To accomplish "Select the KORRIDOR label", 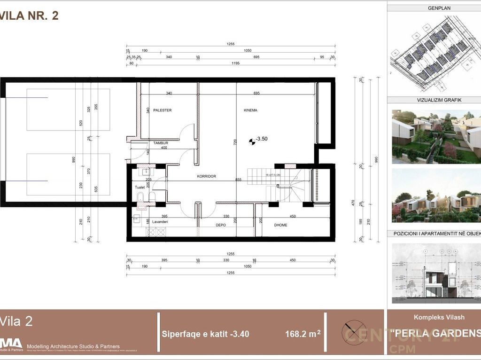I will coord(206,176).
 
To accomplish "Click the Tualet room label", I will coord(140,187).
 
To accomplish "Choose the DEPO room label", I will coord(220,225).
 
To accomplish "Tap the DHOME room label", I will coord(280,225).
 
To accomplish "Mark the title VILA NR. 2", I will coord(29,16).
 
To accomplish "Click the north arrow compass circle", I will coord(354,329).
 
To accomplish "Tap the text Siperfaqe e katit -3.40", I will coord(205,335).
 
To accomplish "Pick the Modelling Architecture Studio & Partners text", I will coord(73,346).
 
